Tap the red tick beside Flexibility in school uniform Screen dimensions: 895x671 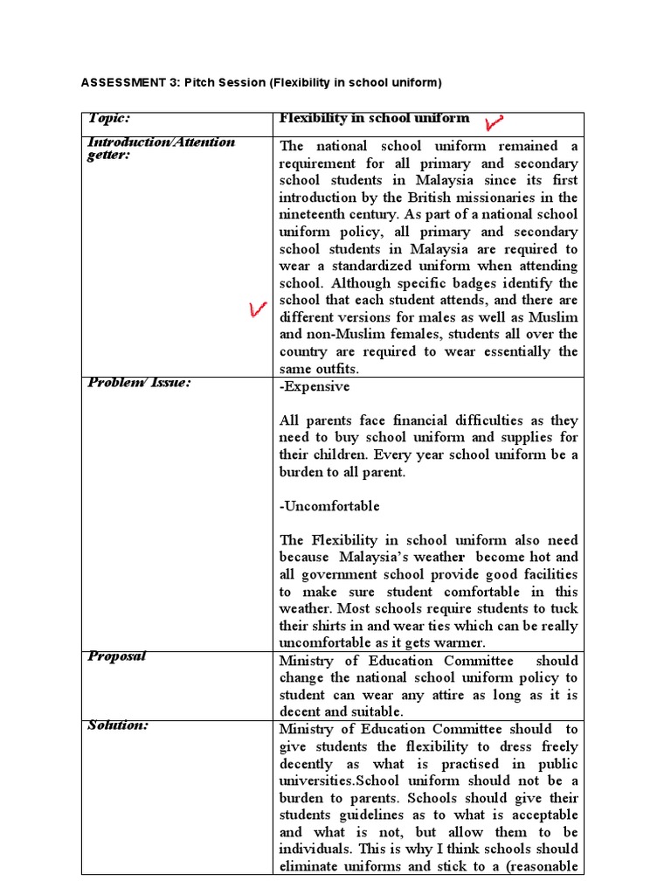496,121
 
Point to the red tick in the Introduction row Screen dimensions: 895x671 256,310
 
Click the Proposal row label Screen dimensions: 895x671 116,657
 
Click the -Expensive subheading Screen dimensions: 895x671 315,386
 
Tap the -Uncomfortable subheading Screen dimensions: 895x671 329,506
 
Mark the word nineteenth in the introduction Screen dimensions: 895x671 316,214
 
